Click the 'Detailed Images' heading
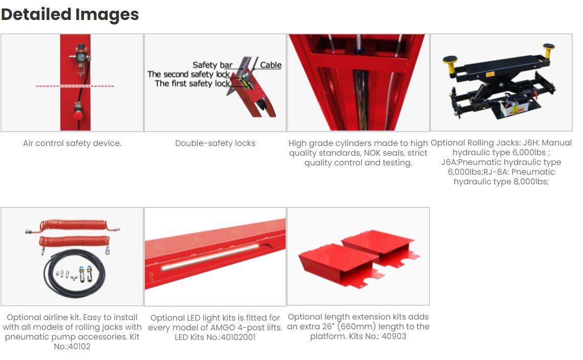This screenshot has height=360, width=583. (x=70, y=15)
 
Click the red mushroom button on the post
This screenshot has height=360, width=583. (x=78, y=115)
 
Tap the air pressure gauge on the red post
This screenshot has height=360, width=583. (x=81, y=57)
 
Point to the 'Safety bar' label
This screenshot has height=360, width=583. (x=212, y=65)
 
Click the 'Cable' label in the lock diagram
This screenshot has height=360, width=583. (x=271, y=65)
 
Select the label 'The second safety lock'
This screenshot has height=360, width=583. (x=188, y=74)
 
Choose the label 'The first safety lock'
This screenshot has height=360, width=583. (x=192, y=83)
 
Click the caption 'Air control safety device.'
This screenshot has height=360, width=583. (x=72, y=143)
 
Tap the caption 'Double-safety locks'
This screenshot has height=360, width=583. (x=215, y=143)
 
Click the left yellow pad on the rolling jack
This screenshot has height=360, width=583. (x=450, y=61)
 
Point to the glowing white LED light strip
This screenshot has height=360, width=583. (x=210, y=257)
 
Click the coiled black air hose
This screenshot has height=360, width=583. (x=74, y=273)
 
